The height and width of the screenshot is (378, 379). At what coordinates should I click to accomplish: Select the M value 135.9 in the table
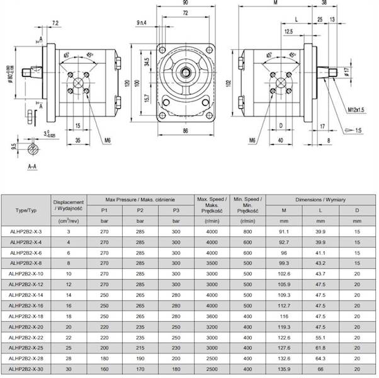click(x=283, y=368)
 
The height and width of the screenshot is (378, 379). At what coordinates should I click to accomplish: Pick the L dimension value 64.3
click(x=320, y=358)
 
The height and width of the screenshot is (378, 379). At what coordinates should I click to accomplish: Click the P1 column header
click(x=105, y=210)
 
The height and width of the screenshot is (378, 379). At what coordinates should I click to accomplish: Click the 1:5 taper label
click(x=356, y=130)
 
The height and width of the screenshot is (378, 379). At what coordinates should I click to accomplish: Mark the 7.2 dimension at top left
click(x=55, y=23)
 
